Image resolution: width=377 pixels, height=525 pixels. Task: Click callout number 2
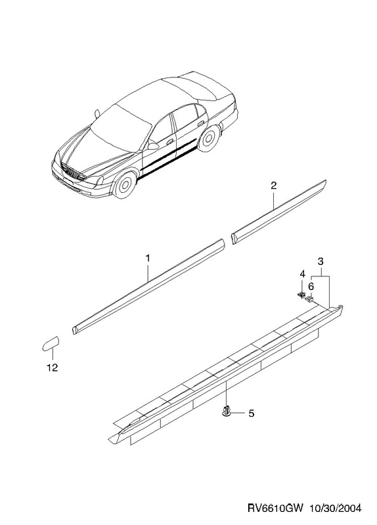point(274,186)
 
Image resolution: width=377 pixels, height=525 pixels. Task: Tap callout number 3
point(321,261)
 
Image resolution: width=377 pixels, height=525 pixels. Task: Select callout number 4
point(302,274)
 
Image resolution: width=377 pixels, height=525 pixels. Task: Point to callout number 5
point(252,413)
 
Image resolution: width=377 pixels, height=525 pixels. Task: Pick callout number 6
point(311,286)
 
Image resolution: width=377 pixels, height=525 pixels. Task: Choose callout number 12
point(53,367)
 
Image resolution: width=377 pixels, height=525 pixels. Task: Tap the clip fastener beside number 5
point(227,411)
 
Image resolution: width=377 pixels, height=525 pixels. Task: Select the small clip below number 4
point(301,295)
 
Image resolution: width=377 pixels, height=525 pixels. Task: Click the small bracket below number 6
point(309,299)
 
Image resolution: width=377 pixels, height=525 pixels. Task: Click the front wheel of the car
point(125,184)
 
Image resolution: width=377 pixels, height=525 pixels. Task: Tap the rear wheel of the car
point(208,140)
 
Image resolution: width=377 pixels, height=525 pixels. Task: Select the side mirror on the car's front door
point(153,146)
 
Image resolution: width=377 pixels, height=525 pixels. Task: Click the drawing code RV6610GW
point(275,508)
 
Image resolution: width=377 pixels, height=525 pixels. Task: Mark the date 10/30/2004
point(335,508)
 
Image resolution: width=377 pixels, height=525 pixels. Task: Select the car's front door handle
point(170,141)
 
